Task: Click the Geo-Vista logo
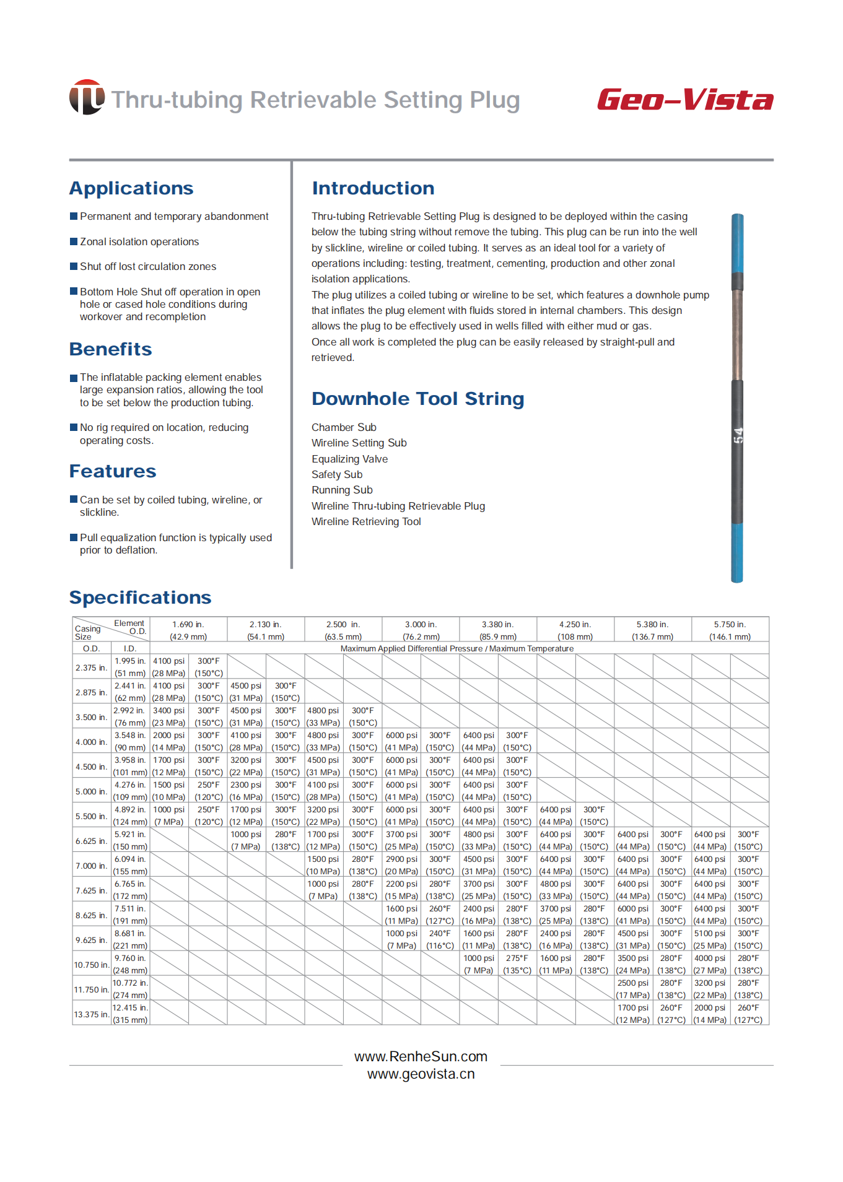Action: pyautogui.click(x=685, y=100)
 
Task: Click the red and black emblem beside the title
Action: pyautogui.click(x=87, y=97)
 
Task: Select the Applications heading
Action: pyautogui.click(x=131, y=188)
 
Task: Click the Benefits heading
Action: pyautogui.click(x=110, y=349)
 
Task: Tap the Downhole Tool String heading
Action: pyautogui.click(x=417, y=399)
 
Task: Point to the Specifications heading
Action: pyautogui.click(x=140, y=598)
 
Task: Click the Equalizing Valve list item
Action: pyautogui.click(x=349, y=459)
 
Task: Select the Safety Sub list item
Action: pyautogui.click(x=337, y=474)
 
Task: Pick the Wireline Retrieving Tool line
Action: pyautogui.click(x=366, y=521)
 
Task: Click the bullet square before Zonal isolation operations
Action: pyautogui.click(x=74, y=241)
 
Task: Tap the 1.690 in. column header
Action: pyautogui.click(x=188, y=630)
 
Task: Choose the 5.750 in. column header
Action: pyautogui.click(x=730, y=630)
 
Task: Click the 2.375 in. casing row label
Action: pyautogui.click(x=91, y=667)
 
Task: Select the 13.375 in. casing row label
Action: pyautogui.click(x=91, y=1014)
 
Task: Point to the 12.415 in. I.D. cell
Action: pyautogui.click(x=130, y=1014)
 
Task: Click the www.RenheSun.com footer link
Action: pyautogui.click(x=421, y=1056)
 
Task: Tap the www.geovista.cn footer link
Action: pyautogui.click(x=421, y=1074)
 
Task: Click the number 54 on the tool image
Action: pyautogui.click(x=738, y=435)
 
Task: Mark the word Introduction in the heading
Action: pyautogui.click(x=373, y=188)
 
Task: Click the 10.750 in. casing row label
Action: pyautogui.click(x=91, y=965)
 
